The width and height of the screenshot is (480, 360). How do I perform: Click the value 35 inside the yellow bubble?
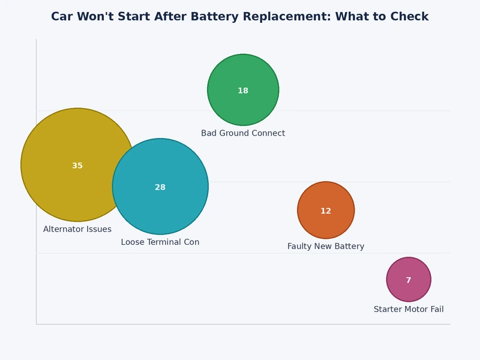point(77,166)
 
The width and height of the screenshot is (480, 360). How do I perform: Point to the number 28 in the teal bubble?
point(160,187)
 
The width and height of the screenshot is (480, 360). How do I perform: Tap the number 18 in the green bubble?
point(243,91)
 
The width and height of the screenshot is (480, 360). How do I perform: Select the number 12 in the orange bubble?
point(326,211)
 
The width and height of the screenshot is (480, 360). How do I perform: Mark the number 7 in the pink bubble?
point(409,280)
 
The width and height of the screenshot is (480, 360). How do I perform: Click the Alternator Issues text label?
point(77,229)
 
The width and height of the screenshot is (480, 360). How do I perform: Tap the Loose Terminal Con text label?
point(160,242)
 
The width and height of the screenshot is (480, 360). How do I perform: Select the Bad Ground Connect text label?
point(243,133)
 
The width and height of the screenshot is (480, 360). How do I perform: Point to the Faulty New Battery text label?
point(326,247)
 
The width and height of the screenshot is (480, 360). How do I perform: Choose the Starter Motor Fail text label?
point(409,310)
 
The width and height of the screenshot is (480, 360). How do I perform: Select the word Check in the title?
point(410,17)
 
